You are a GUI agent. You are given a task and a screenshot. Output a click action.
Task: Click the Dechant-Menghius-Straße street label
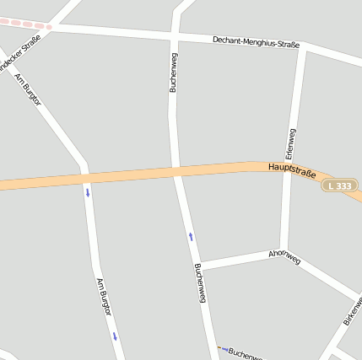tap(256, 40)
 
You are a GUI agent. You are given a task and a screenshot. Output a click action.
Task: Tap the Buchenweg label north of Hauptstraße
tap(173, 71)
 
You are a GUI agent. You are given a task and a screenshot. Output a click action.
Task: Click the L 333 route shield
tap(340, 185)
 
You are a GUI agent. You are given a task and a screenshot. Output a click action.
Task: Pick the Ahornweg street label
tap(284, 257)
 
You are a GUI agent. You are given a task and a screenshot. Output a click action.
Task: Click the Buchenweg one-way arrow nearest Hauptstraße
tap(191, 237)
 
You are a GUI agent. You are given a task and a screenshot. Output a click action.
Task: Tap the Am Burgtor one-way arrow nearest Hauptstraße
tap(87, 192)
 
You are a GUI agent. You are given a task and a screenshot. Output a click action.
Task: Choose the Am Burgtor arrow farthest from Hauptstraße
tap(115, 336)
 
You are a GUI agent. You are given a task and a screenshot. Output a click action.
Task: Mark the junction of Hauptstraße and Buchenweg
tap(176, 172)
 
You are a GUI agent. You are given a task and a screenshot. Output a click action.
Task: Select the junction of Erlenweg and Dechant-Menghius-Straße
tap(301, 47)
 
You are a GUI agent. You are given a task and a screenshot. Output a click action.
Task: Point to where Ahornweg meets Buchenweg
tap(200, 266)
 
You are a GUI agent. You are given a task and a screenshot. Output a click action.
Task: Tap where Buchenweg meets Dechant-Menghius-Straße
tap(174, 33)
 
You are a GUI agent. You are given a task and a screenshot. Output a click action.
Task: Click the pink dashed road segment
tap(25, 24)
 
